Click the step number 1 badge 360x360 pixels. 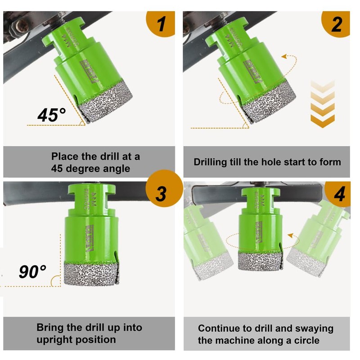(x=161, y=24)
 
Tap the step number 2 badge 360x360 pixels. (x=336, y=24)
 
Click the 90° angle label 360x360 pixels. (x=32, y=271)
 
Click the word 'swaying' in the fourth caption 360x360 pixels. (x=312, y=328)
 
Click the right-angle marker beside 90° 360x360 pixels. (x=56, y=281)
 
